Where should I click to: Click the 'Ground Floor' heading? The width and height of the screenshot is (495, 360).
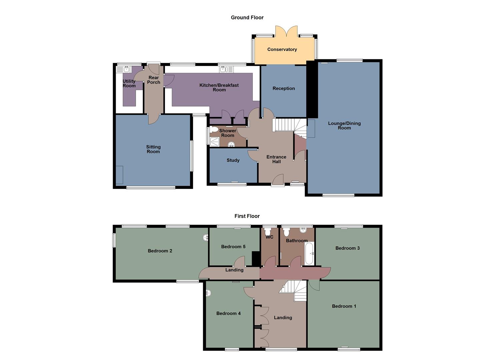(247, 18)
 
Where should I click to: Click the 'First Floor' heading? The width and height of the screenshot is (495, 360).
(247, 216)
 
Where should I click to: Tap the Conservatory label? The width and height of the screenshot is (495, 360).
(282, 49)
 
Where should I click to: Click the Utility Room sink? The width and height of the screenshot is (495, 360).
(127, 69)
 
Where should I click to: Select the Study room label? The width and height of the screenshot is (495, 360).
(233, 160)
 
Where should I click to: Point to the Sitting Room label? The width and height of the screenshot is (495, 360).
(153, 149)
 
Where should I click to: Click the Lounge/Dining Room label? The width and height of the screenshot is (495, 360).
(344, 125)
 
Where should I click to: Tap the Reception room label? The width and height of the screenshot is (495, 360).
(284, 88)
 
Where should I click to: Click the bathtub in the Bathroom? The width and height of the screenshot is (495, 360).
(309, 253)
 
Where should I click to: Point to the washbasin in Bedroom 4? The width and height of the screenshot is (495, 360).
(208, 293)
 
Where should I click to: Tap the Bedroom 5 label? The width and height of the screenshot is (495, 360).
(233, 247)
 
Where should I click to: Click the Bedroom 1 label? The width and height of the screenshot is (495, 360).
(344, 306)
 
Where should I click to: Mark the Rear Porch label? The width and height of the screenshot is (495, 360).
(154, 80)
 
